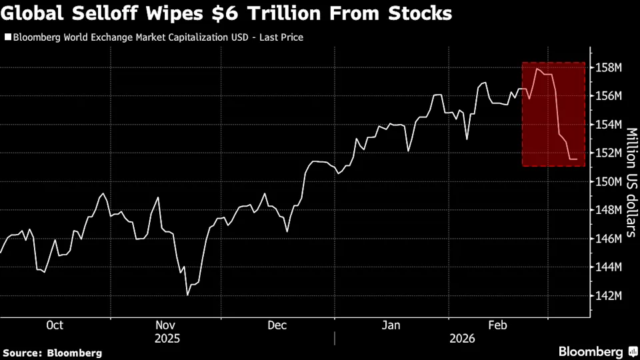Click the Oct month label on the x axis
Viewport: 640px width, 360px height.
click(x=55, y=325)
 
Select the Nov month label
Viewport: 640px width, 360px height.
click(x=167, y=325)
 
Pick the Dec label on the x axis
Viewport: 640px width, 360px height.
click(x=277, y=325)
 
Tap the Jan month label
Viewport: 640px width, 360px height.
click(x=391, y=325)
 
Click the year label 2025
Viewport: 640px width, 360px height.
click(x=167, y=339)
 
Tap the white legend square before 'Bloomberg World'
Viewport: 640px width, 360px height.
click(x=8, y=37)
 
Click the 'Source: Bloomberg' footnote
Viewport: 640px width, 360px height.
click(x=53, y=352)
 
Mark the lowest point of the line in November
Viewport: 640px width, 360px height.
click(x=188, y=295)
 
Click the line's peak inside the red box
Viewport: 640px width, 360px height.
click(x=537, y=68)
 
